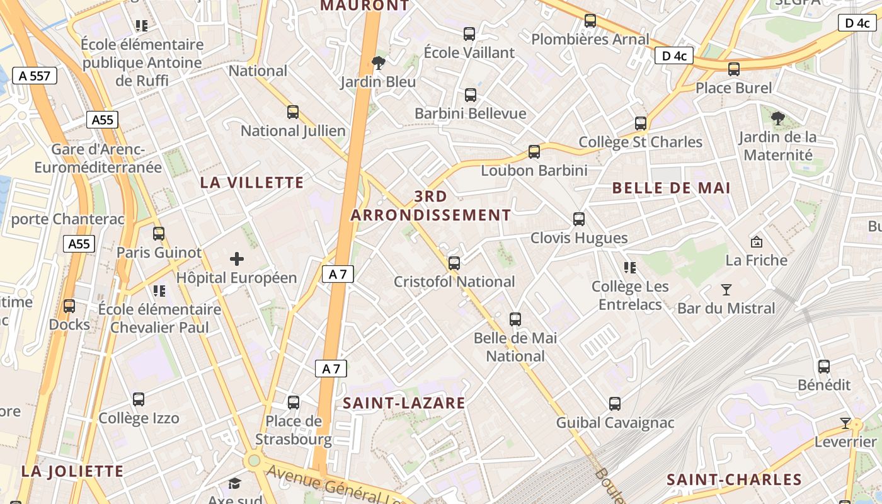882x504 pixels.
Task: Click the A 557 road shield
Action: coord(34,76)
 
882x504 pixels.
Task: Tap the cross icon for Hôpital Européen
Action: coord(237,258)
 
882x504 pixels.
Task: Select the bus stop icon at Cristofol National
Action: coord(454,263)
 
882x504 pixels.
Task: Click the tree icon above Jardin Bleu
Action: coord(379,62)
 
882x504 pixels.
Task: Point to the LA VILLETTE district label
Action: coord(252,183)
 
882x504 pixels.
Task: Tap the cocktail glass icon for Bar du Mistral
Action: coord(726,290)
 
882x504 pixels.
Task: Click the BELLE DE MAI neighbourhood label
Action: coord(671,188)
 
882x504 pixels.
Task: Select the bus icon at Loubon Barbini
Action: coord(534,152)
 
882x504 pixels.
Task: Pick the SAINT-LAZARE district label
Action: coord(404,403)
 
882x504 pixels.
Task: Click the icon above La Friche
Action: coord(757,241)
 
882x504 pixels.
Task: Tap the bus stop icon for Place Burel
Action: coord(734,69)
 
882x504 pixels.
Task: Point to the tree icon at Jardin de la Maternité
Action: coord(778,118)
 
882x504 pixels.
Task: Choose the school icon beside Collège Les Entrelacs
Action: coord(630,268)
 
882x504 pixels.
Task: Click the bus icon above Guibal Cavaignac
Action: coord(615,404)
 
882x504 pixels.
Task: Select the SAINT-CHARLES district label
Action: coord(734,479)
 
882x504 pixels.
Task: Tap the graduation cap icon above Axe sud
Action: coord(235,483)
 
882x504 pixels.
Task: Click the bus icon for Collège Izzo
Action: coord(139,399)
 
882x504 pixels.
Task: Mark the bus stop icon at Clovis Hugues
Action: coord(579,219)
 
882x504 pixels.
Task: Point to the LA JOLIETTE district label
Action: coord(72,471)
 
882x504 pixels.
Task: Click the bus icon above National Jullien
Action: coord(293,112)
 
